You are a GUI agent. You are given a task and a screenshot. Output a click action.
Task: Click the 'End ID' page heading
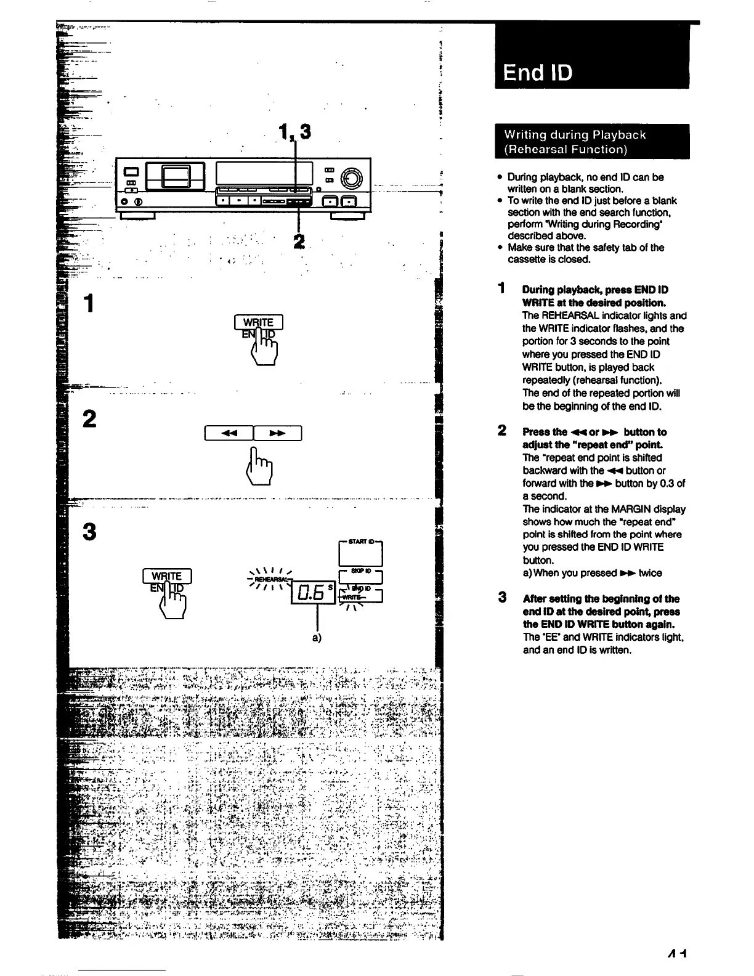point(538,73)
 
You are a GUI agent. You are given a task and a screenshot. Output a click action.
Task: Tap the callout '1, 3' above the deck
point(294,131)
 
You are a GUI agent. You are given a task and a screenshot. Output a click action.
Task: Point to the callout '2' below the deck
point(299,240)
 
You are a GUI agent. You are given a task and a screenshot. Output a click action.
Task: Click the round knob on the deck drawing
point(353,177)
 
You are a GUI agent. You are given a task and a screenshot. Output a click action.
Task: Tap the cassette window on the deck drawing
point(175,177)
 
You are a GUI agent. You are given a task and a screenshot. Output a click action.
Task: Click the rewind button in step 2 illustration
point(229,433)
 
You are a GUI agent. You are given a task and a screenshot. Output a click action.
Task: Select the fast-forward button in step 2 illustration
point(277,433)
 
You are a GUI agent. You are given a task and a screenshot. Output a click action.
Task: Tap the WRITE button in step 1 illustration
point(259,322)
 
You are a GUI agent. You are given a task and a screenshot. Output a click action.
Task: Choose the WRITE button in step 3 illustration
point(167,576)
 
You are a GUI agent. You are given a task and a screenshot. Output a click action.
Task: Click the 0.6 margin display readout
point(310,593)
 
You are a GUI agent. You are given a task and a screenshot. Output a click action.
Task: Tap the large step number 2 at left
point(89,420)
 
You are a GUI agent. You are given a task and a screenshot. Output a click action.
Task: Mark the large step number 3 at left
point(89,531)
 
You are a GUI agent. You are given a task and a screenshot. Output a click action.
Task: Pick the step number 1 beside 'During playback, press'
point(503,288)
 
